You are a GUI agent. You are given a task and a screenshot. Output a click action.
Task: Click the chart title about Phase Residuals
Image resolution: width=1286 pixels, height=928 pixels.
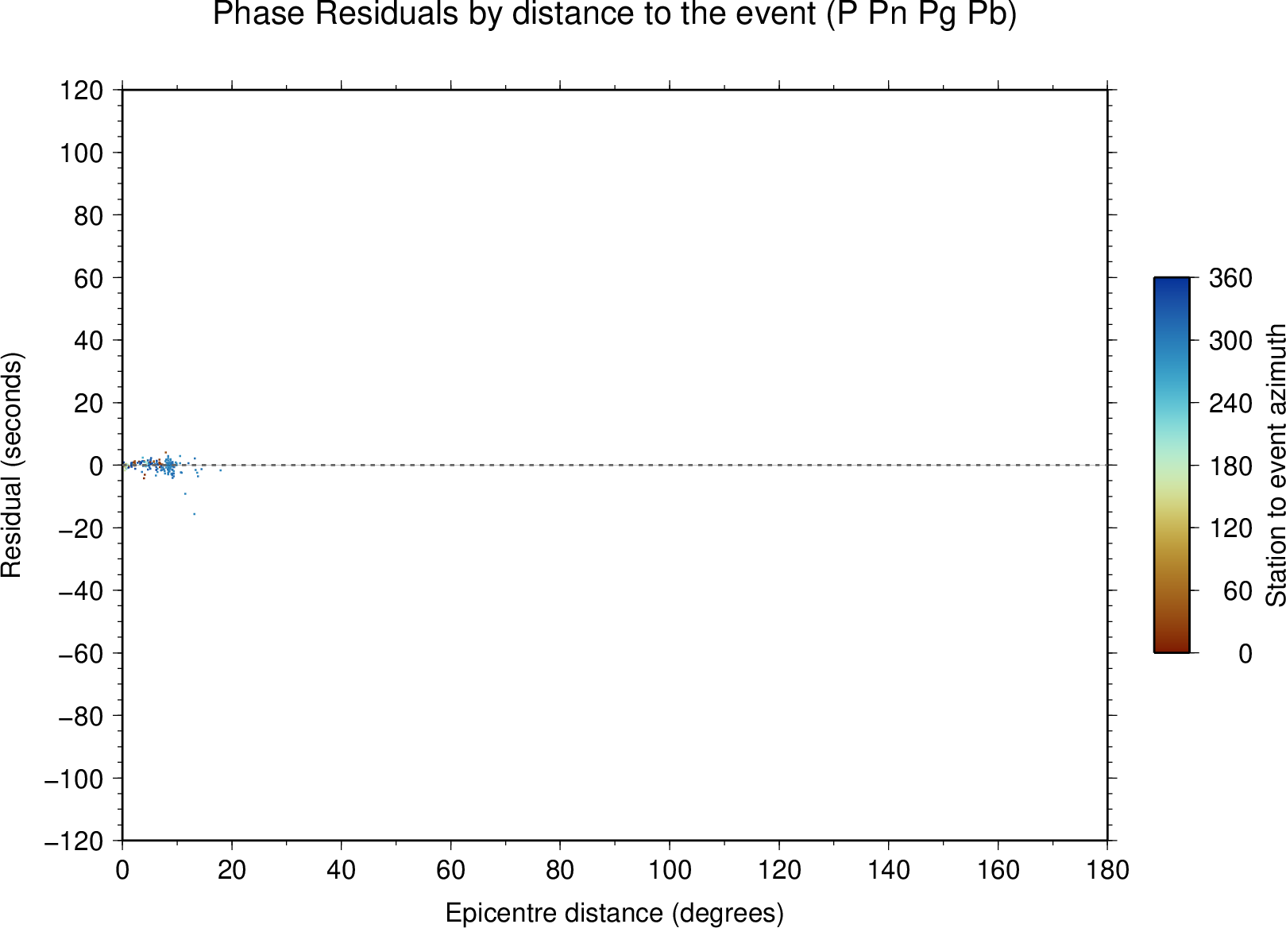tap(614, 14)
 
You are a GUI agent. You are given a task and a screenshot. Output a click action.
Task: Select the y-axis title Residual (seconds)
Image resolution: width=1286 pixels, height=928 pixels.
tap(11, 465)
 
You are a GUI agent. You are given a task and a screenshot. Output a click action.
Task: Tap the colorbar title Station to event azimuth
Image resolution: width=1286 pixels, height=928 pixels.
tap(1275, 465)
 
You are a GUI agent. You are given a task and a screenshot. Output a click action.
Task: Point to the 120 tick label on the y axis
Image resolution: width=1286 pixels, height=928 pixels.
tap(82, 90)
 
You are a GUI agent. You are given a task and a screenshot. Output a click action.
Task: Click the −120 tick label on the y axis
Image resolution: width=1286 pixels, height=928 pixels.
tap(74, 841)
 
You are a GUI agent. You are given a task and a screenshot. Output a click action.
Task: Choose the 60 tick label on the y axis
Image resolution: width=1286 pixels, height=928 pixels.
tap(88, 278)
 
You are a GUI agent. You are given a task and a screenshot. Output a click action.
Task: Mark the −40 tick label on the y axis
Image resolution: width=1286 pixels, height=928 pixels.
tap(81, 591)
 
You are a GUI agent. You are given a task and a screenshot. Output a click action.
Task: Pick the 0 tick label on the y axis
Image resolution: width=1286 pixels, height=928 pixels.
tap(96, 466)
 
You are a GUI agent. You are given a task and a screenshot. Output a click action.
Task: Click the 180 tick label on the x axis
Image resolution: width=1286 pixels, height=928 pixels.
tap(1107, 871)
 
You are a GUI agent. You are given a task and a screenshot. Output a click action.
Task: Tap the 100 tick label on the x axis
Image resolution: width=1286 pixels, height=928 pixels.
tap(670, 871)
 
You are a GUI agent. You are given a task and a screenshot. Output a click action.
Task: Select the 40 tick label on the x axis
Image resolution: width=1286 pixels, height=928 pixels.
tap(341, 871)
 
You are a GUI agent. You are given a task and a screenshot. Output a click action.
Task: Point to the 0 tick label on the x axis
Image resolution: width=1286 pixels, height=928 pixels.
tap(122, 871)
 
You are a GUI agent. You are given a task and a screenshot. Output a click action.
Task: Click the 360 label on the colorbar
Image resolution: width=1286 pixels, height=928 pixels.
tap(1230, 278)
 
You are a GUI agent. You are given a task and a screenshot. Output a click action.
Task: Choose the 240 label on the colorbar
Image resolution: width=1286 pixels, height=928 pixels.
tap(1230, 403)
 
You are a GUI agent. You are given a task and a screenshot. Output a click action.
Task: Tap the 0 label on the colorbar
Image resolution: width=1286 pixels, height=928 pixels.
tap(1245, 654)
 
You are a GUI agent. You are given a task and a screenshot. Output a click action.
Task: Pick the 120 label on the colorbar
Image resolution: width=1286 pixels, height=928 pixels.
tap(1230, 528)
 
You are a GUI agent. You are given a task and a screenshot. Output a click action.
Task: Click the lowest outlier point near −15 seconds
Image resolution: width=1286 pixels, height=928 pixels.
tap(194, 514)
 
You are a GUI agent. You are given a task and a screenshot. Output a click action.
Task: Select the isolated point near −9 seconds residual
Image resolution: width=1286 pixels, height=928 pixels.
tap(185, 494)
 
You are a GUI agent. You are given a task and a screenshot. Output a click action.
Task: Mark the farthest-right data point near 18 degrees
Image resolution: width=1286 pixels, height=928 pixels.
tap(221, 470)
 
